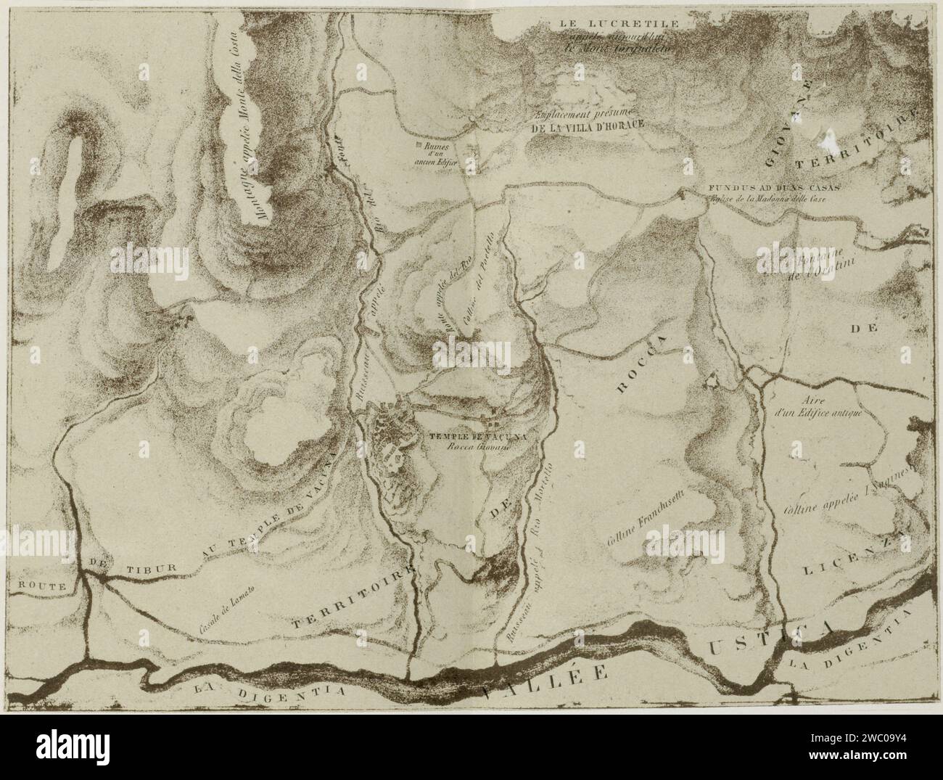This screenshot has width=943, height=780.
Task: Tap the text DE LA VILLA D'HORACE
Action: pos(588,125)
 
